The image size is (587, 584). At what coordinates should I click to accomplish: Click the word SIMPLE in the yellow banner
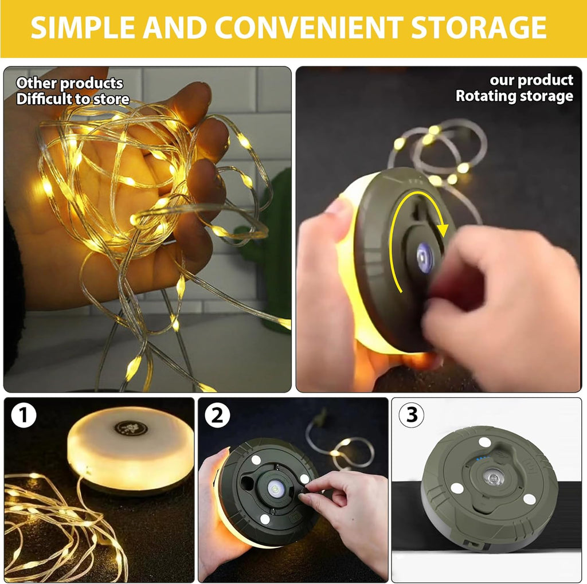click(83, 27)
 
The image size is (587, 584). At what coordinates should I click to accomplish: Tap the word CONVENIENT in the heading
click(310, 27)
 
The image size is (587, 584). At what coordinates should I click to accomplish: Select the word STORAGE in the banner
click(479, 27)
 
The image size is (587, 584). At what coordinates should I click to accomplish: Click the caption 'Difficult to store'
click(73, 99)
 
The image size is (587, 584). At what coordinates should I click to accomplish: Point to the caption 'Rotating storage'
click(514, 96)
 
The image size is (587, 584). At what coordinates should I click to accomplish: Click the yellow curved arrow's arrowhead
click(443, 229)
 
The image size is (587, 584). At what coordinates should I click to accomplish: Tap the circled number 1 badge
click(23, 415)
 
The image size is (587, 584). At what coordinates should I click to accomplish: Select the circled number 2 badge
click(217, 415)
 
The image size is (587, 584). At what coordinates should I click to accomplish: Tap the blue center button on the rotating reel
click(425, 257)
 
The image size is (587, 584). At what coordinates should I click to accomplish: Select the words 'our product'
click(531, 80)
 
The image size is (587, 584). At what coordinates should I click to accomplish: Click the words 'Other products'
click(69, 83)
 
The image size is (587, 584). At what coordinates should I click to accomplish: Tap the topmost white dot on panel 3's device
click(485, 442)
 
